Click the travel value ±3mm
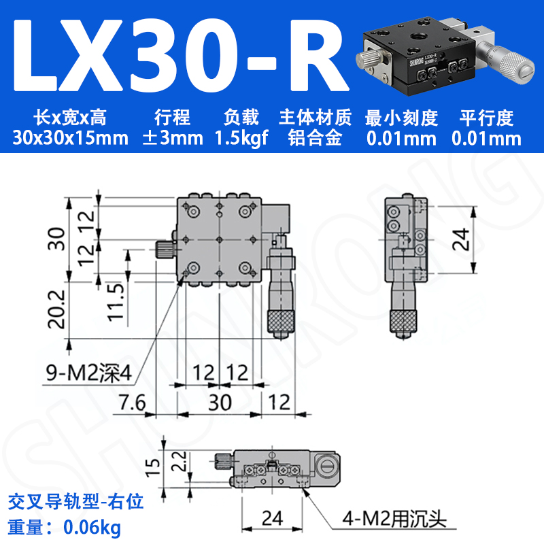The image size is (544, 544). click(172, 139)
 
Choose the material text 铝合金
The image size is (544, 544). click(315, 139)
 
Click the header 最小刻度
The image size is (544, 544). click(401, 117)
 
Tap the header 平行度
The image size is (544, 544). click(486, 117)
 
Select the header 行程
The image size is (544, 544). click(172, 117)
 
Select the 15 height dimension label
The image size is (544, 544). click(154, 464)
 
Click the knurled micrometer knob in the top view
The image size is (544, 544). click(280, 320)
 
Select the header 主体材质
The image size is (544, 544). click(315, 117)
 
